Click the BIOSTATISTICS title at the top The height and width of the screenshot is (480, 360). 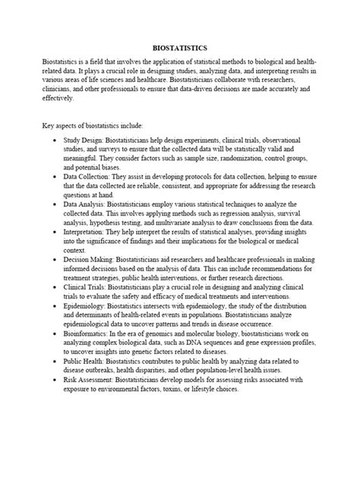[180, 48]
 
